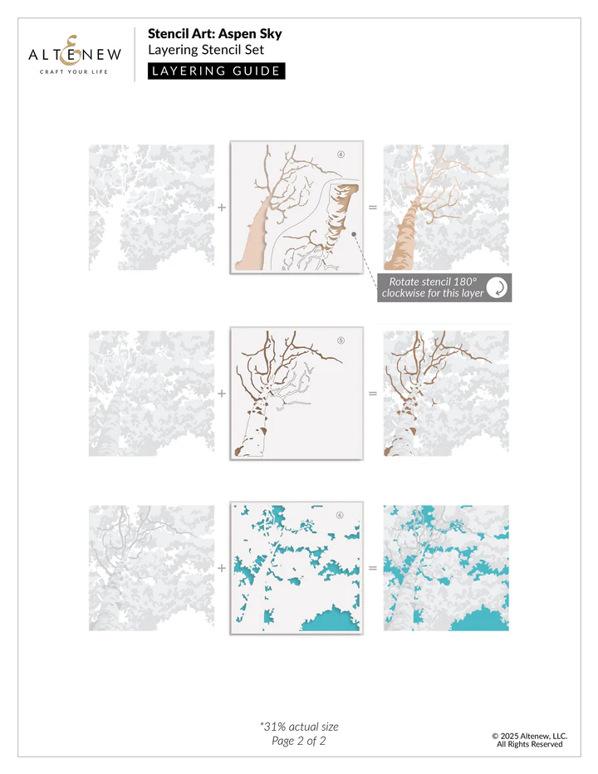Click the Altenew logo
[75, 53]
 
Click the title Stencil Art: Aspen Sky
[214, 34]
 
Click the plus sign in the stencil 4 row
[222, 208]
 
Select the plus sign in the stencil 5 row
[222, 393]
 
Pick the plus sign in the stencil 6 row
[222, 568]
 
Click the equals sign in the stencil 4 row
[372, 208]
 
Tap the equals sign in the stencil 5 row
[372, 393]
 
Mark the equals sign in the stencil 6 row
[372, 568]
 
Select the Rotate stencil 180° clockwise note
[433, 287]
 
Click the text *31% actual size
[299, 727]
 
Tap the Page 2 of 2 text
[299, 741]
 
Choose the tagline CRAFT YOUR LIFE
[75, 72]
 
